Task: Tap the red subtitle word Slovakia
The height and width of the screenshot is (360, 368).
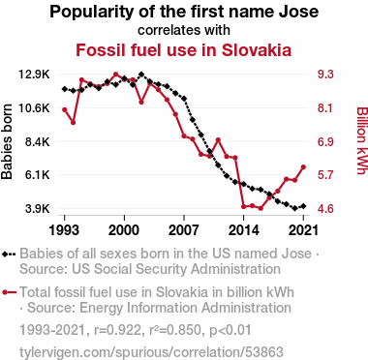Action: tap(257, 50)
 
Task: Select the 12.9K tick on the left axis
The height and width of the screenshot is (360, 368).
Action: tap(34, 75)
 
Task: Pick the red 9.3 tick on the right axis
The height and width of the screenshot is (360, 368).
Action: tap(325, 75)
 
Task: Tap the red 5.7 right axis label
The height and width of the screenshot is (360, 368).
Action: tap(325, 175)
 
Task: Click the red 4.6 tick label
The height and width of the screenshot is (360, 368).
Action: tap(325, 209)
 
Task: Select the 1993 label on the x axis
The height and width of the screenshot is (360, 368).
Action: tap(64, 230)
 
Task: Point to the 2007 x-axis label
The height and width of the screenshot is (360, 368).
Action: tap(184, 230)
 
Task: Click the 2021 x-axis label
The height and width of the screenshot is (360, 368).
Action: tap(303, 230)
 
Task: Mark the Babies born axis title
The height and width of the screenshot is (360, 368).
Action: tap(7, 141)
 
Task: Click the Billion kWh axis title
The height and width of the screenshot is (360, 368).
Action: tap(362, 140)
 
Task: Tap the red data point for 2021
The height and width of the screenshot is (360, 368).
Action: tap(303, 167)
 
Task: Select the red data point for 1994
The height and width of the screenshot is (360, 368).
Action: tap(74, 123)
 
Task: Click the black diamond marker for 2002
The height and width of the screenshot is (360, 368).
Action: tap(141, 75)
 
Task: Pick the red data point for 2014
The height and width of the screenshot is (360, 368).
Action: tap(244, 206)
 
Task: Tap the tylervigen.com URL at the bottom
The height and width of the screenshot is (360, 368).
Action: tap(151, 352)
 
